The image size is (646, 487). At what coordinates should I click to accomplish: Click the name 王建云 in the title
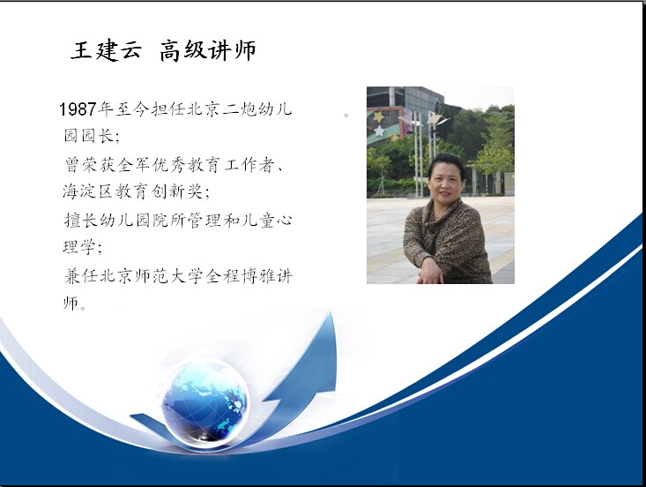(107, 50)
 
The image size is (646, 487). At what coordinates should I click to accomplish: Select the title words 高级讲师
(208, 50)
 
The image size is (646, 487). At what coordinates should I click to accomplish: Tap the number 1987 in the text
(78, 109)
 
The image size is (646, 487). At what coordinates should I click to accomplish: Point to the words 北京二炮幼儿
(240, 109)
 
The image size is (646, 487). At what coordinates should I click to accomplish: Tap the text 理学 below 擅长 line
(79, 247)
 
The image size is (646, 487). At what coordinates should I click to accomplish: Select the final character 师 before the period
(71, 303)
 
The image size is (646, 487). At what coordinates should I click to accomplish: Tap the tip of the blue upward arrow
(330, 313)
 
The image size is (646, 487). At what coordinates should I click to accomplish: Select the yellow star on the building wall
(378, 116)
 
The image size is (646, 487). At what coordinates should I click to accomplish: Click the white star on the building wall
(379, 132)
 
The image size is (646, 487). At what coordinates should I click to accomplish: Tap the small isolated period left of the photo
(346, 115)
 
